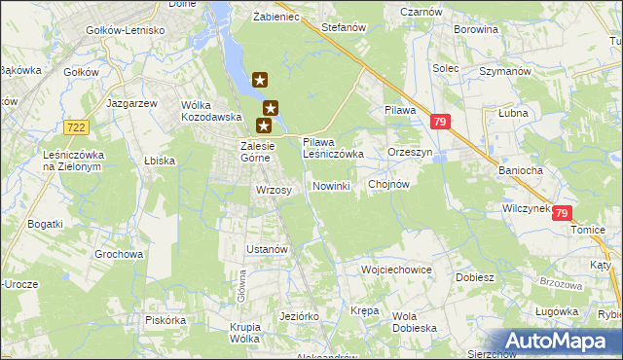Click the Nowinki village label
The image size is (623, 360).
(331, 186)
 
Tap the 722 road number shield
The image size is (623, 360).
(76, 127)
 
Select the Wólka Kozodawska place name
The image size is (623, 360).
(211, 110)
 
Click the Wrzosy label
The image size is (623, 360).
(274, 190)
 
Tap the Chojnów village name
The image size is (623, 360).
(388, 184)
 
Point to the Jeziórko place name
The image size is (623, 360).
(299, 316)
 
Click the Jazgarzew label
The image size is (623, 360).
(134, 103)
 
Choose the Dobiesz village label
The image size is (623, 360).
(475, 276)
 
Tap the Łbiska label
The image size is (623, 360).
(159, 161)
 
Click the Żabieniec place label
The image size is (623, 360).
(275, 18)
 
